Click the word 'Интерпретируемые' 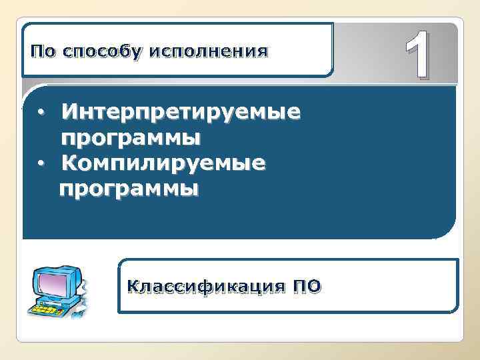181,111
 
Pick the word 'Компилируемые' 163,163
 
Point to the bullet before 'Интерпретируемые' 41,111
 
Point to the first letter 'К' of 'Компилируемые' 68,163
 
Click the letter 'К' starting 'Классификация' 133,287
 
